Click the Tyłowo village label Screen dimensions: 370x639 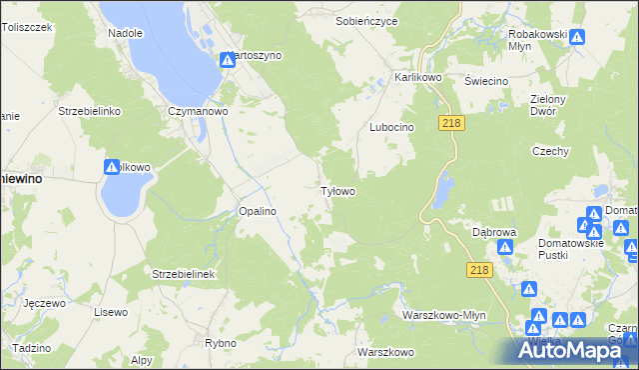point(337,190)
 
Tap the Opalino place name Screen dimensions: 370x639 point(257,211)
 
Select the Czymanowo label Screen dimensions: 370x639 point(199,111)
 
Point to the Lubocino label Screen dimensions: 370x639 point(391,128)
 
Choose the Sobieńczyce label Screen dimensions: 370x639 point(366,20)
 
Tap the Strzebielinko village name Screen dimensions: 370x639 point(90,111)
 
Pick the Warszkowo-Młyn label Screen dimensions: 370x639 point(443,314)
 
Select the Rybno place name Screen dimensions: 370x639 point(220,343)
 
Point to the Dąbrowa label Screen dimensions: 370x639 point(493,230)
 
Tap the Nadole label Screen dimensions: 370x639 point(125,32)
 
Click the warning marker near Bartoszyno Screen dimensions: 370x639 point(228,59)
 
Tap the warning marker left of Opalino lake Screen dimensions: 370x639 point(111,168)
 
